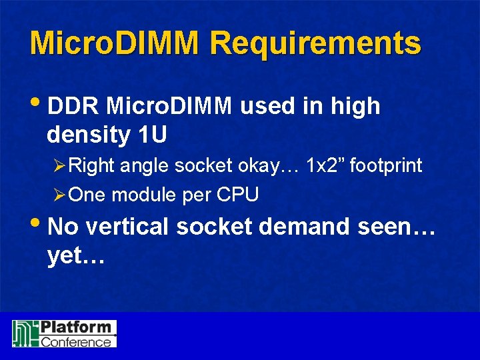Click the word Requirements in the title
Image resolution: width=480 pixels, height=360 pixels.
315,44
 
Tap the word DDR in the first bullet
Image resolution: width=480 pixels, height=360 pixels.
74,106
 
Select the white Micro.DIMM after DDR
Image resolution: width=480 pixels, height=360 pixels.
169,106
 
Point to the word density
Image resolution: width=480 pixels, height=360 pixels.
88,135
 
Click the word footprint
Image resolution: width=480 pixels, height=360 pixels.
386,165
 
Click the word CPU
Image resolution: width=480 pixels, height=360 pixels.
239,195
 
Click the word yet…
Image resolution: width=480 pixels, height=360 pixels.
76,256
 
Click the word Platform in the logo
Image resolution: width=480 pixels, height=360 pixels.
75,327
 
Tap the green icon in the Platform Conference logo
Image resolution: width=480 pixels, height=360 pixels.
25,333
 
